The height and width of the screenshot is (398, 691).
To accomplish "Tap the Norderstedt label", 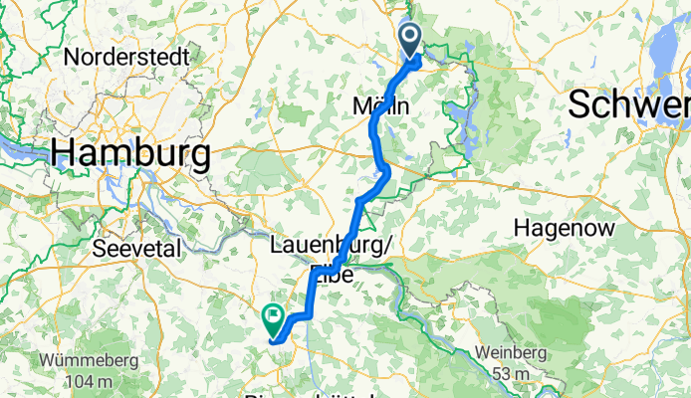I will point(126,57).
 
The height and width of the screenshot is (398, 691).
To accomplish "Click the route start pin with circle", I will point(410,42).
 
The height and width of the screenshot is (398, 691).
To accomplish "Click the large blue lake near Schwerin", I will point(664,50).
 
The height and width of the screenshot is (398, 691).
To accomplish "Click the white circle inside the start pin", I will point(410,38).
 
